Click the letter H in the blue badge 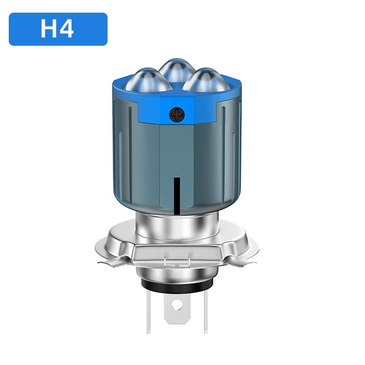(x=48, y=29)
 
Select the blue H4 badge (x=58, y=29)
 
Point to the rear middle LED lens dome (x=177, y=70)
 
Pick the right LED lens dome (x=206, y=80)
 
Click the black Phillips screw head (x=177, y=115)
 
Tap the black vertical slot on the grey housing (x=177, y=196)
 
